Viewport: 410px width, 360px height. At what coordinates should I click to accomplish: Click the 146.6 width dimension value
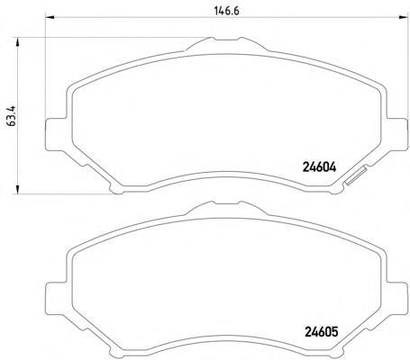click(x=227, y=11)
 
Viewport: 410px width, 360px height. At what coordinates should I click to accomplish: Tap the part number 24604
click(x=319, y=167)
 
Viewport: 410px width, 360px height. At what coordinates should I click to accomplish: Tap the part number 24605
click(x=322, y=332)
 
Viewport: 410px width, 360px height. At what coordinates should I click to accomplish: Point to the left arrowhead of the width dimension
click(x=50, y=18)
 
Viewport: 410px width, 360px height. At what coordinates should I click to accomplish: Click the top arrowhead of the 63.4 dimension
click(x=17, y=42)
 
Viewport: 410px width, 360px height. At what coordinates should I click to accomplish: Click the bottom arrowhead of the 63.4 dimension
click(x=17, y=189)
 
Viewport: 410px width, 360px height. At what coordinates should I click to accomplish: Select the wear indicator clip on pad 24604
click(x=356, y=176)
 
